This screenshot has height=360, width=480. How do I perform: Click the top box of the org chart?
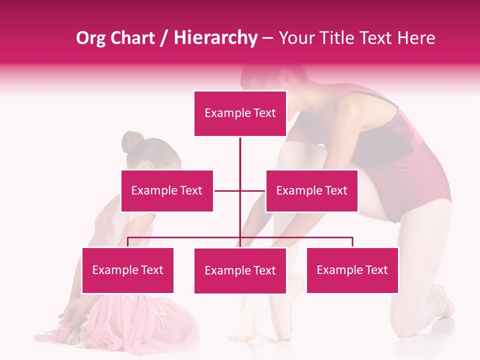240,113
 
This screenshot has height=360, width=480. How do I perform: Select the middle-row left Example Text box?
167,190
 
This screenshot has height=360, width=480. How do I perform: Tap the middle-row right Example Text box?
311,190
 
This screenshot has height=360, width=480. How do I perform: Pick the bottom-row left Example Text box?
127,270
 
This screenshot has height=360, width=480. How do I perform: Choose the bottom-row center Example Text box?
240,270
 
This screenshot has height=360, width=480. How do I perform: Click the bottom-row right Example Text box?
352,270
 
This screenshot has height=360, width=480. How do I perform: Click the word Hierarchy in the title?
215,38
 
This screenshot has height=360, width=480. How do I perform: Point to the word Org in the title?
91,38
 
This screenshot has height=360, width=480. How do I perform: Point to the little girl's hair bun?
132,141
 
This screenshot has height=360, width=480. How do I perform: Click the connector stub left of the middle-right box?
253,190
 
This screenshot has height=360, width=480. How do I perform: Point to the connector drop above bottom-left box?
127,242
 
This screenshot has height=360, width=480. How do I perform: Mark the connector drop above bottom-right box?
352,242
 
